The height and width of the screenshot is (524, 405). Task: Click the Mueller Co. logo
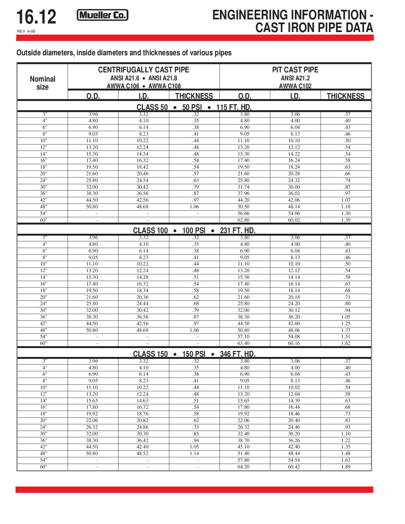pyautogui.click(x=103, y=15)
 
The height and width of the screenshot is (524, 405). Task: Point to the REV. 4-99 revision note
pyautogui.click(x=26, y=31)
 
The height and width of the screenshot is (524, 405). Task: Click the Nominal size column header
pyautogui.click(x=42, y=83)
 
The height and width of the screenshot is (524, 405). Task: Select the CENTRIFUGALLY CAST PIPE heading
pyautogui.click(x=144, y=70)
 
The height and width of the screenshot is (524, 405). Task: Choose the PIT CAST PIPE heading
pyautogui.click(x=295, y=70)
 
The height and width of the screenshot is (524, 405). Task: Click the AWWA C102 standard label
pyautogui.click(x=295, y=86)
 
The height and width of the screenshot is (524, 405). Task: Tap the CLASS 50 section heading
pyautogui.click(x=152, y=107)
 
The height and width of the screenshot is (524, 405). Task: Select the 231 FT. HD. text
pyautogui.click(x=238, y=231)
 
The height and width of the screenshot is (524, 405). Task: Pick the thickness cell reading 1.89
pyautogui.click(x=346, y=467)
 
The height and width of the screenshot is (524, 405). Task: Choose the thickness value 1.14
pyautogui.click(x=194, y=453)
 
